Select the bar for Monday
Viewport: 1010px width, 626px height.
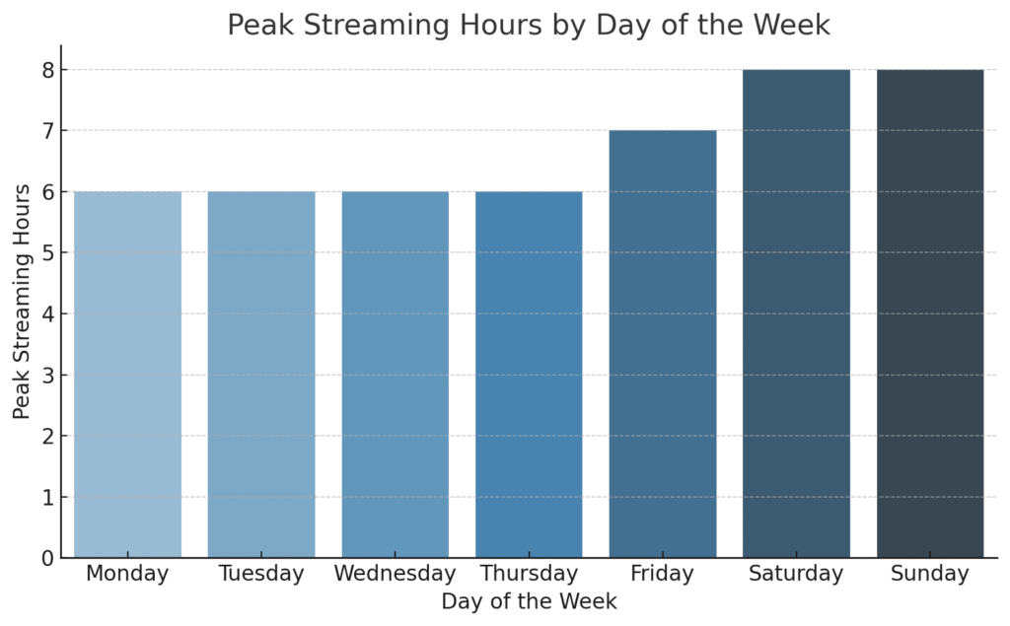(x=127, y=375)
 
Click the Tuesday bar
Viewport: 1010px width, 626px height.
(x=261, y=375)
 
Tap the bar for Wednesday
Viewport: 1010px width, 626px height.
(x=395, y=375)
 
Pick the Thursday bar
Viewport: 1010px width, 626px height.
(x=529, y=375)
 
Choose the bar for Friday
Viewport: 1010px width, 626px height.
(x=663, y=344)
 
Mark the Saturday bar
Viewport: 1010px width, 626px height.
(x=796, y=313)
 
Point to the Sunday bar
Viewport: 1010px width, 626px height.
(x=930, y=313)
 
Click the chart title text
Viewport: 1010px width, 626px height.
(x=529, y=25)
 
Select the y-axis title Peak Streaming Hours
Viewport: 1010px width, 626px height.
(x=23, y=301)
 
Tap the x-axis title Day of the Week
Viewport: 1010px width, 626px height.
(x=529, y=601)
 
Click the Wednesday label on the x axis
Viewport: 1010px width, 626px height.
(x=395, y=574)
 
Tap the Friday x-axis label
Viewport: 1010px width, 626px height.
(x=663, y=574)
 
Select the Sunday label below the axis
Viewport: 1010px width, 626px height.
(x=930, y=574)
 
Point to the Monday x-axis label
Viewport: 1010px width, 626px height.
(x=127, y=574)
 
